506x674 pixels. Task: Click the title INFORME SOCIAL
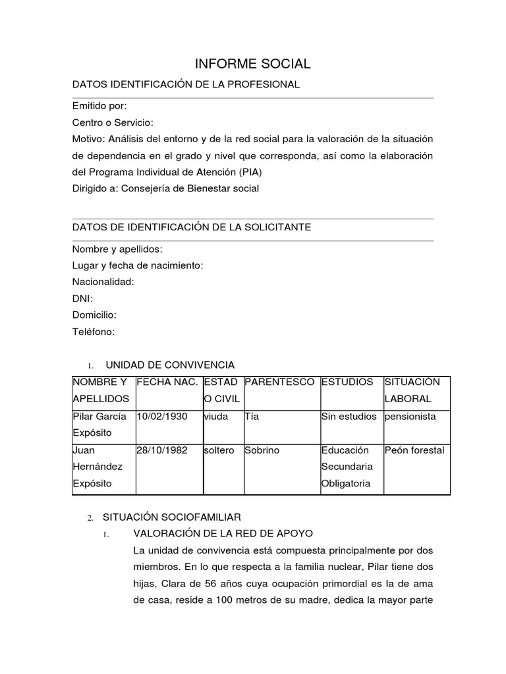click(252, 64)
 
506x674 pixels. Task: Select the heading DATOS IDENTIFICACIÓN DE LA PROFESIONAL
click(186, 85)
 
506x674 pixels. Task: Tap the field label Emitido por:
click(99, 106)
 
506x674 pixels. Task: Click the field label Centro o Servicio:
click(113, 122)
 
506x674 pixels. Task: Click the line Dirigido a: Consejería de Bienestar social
click(165, 188)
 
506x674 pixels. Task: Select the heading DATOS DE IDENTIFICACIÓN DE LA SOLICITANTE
click(192, 227)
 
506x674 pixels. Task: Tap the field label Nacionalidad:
click(103, 282)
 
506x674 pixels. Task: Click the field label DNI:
click(82, 299)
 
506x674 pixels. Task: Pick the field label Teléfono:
click(94, 332)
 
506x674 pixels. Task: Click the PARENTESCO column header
click(279, 382)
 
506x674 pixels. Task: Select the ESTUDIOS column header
click(347, 382)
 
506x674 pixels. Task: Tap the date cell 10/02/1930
click(162, 417)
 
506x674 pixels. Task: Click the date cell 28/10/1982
click(162, 451)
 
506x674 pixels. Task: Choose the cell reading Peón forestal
click(414, 451)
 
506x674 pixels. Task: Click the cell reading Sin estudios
click(349, 417)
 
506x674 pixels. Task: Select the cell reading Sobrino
click(262, 451)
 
